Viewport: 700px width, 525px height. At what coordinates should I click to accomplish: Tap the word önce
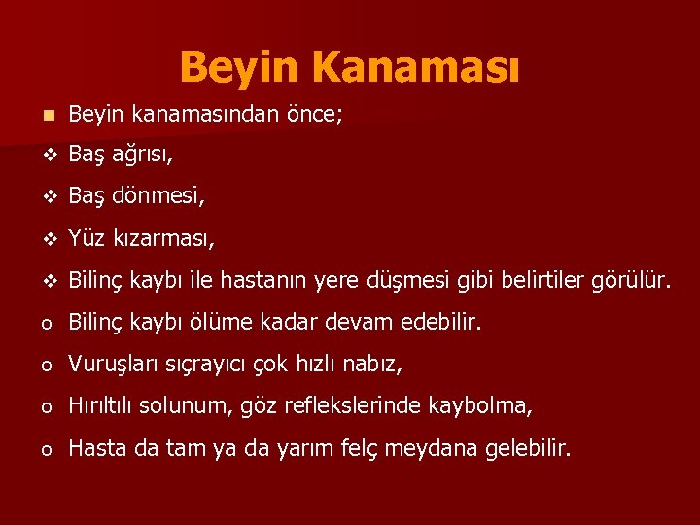(311, 116)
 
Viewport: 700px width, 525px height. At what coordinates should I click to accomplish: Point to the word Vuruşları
(112, 365)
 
